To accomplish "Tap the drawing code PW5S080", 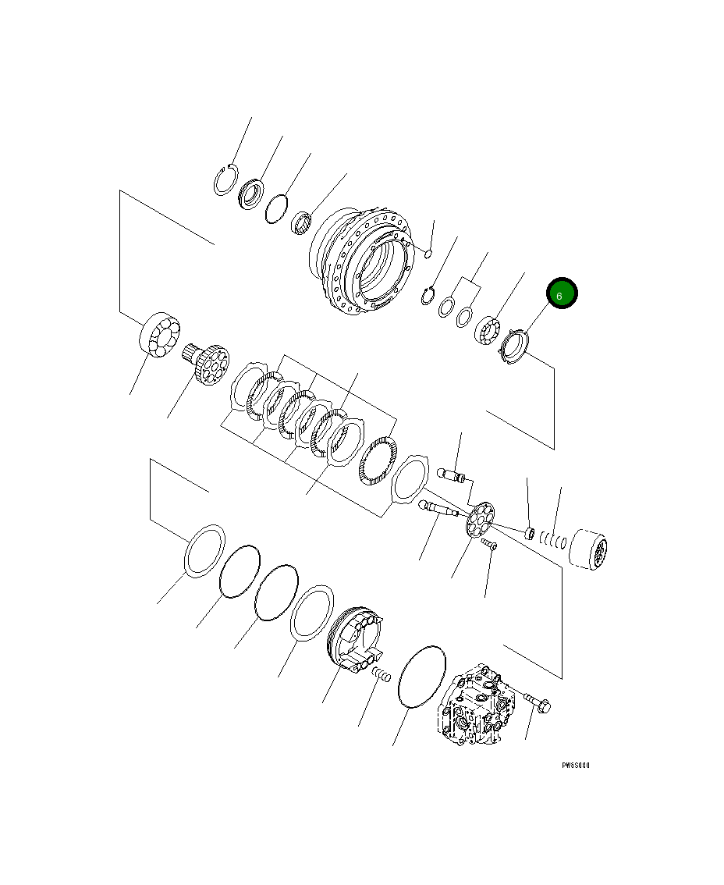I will click(x=576, y=766).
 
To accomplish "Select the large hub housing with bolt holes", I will click(x=360, y=261).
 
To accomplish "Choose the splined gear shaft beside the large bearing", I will click(x=208, y=363).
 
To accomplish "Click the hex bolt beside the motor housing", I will click(x=537, y=702).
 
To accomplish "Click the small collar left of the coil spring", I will click(x=528, y=534).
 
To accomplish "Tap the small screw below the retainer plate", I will click(x=489, y=544).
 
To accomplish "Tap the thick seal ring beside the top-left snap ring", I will click(x=251, y=193).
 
